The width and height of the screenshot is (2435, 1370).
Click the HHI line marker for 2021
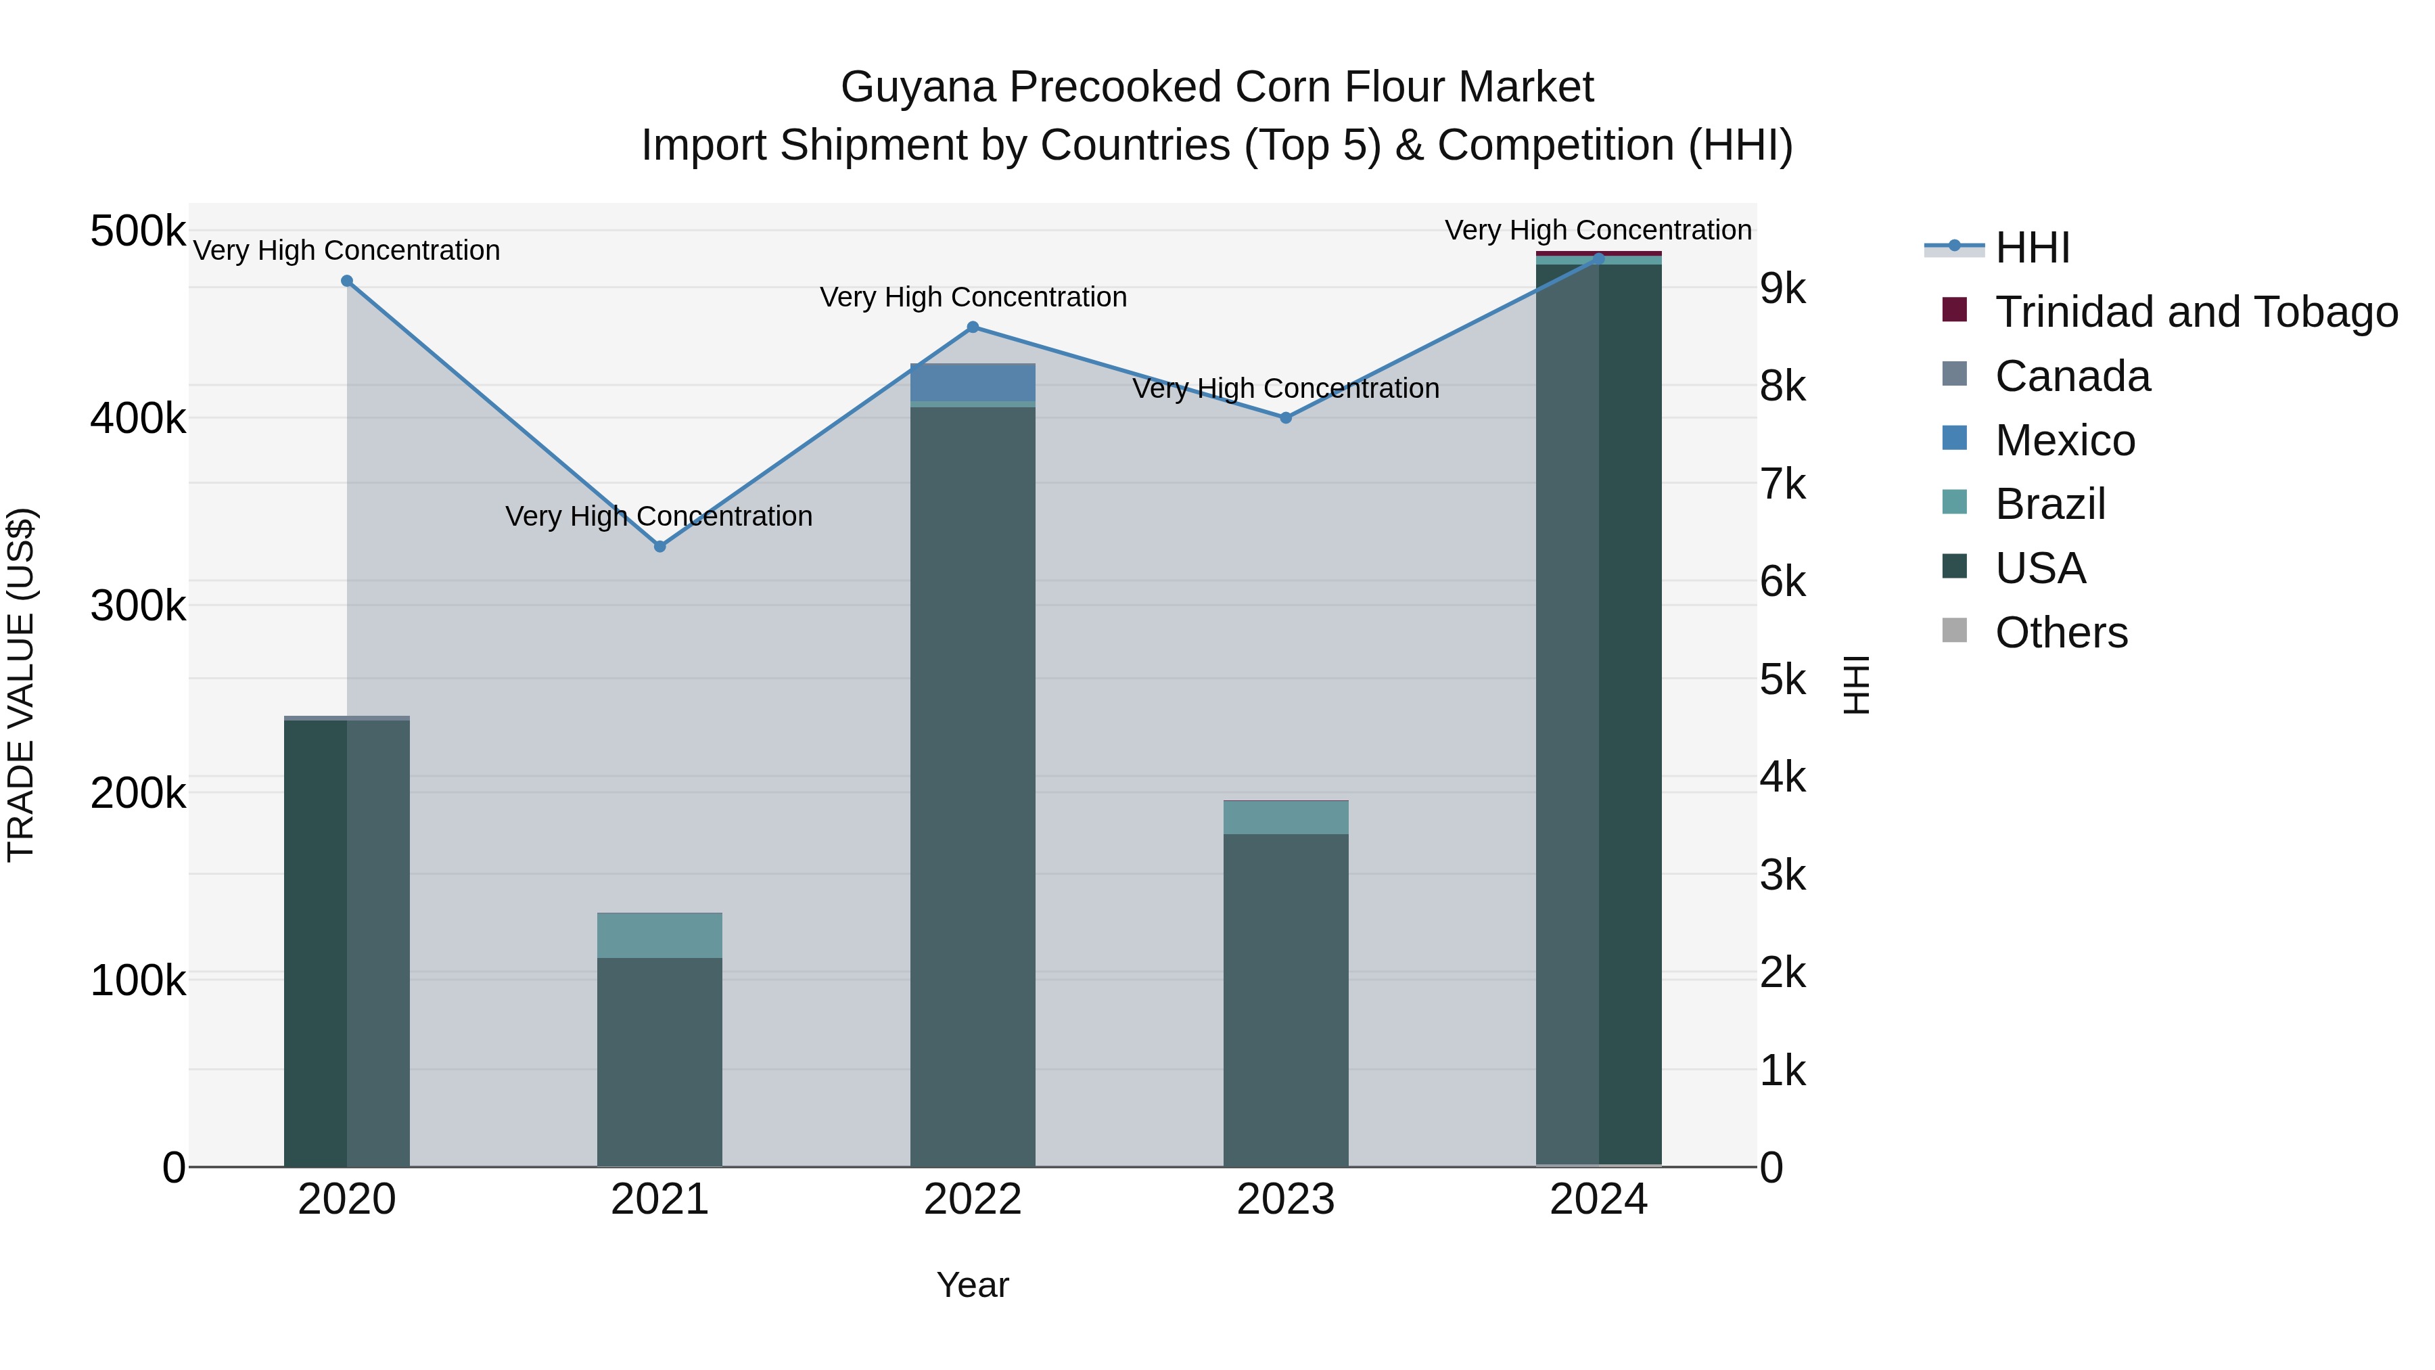pos(659,547)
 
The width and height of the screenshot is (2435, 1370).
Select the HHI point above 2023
pos(1286,418)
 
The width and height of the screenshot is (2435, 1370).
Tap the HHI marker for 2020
pos(347,281)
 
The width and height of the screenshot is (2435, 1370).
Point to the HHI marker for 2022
pos(973,327)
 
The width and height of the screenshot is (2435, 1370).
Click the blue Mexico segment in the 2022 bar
pos(973,382)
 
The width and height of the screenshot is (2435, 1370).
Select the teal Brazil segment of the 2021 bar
pos(659,935)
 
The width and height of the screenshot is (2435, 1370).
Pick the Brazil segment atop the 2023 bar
pos(1286,818)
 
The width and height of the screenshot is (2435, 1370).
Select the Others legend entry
pos(2061,633)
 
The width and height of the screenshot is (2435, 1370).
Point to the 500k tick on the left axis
pos(138,231)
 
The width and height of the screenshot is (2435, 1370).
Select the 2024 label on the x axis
pos(1598,1200)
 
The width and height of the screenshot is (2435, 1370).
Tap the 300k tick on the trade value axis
pos(138,606)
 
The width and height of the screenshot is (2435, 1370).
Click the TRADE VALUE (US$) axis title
pos(22,685)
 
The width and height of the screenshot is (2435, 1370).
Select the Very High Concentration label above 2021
pos(659,516)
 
